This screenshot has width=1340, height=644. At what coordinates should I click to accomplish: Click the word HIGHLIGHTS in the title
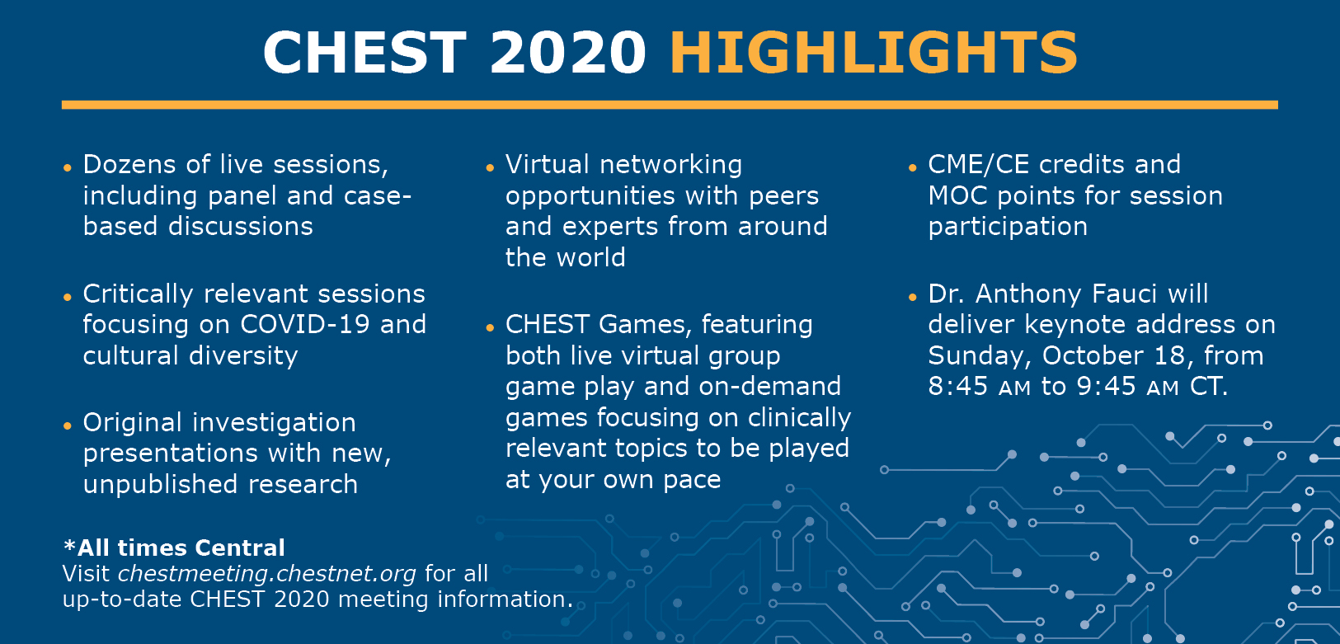(x=873, y=53)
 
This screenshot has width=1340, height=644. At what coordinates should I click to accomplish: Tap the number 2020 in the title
(x=567, y=53)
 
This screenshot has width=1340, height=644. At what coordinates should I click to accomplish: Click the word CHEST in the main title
(x=364, y=53)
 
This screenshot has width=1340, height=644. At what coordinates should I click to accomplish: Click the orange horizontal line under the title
(x=670, y=106)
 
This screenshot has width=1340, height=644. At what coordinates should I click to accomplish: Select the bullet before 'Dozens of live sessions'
(x=68, y=168)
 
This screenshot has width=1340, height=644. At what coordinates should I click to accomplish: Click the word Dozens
(x=129, y=164)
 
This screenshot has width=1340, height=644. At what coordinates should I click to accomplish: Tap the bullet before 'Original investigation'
(x=68, y=426)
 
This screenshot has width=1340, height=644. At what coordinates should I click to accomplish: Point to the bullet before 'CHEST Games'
(x=490, y=328)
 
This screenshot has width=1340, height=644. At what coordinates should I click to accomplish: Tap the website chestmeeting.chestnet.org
(x=267, y=574)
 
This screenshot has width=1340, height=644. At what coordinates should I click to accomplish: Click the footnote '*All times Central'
(x=173, y=548)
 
